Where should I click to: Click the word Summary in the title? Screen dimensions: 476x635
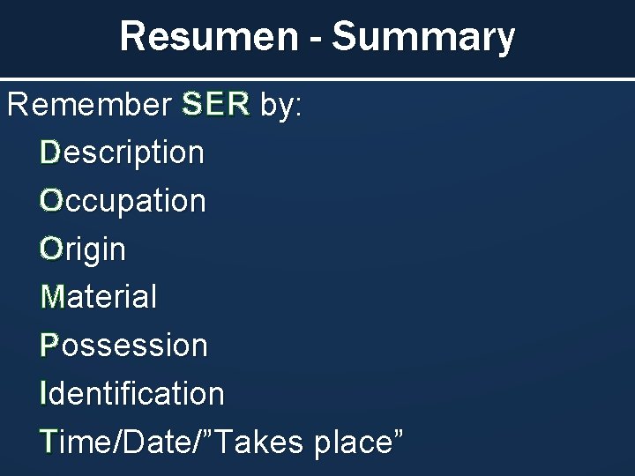(422, 37)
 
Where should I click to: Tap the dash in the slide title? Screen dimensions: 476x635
(313, 39)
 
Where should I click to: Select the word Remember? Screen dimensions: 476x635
(88, 106)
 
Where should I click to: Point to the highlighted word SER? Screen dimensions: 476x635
(215, 106)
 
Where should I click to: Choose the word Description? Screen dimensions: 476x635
(123, 153)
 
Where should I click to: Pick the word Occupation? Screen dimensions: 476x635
(123, 201)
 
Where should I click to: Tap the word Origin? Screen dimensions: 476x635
(84, 249)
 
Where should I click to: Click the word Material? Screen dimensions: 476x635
(100, 296)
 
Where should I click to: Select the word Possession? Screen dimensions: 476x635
(124, 345)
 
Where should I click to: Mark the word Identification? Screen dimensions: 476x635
(132, 392)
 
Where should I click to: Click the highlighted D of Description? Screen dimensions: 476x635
(50, 153)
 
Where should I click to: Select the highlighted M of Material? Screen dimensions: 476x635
(53, 296)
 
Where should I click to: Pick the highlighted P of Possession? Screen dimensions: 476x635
(49, 345)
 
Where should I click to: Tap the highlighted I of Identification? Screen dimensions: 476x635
(44, 392)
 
